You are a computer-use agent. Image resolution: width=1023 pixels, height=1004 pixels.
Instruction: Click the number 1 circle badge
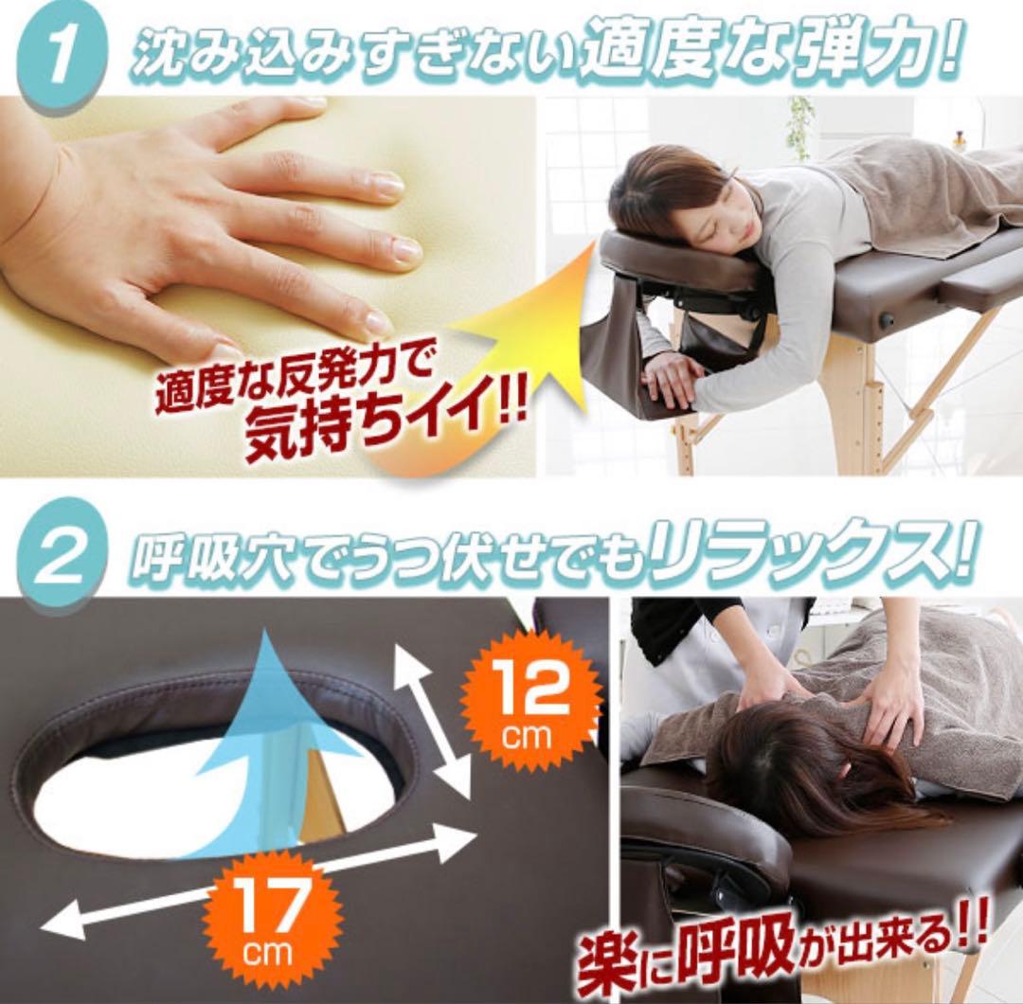point(59,59)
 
